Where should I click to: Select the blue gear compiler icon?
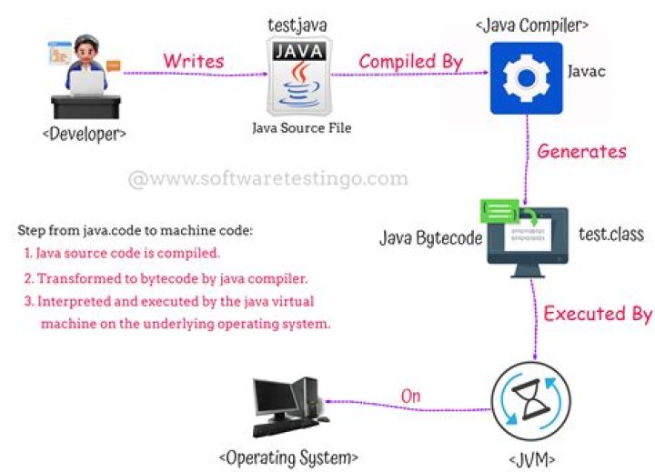[x=527, y=79]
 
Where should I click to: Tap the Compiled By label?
[x=410, y=61]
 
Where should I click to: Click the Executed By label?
[x=597, y=314]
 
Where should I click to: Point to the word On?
[x=412, y=396]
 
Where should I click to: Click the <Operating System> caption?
[x=287, y=455]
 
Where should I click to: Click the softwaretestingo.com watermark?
[x=268, y=178]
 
